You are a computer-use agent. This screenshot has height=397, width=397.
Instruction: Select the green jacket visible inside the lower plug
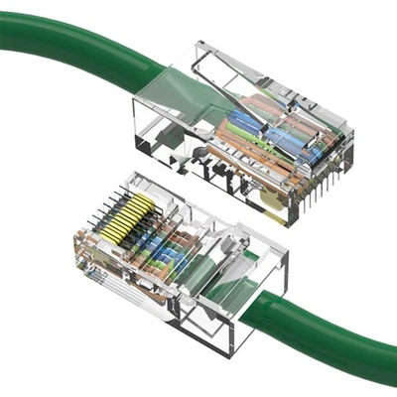[213, 278]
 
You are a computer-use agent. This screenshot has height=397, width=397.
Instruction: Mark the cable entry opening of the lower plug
[248, 298]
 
